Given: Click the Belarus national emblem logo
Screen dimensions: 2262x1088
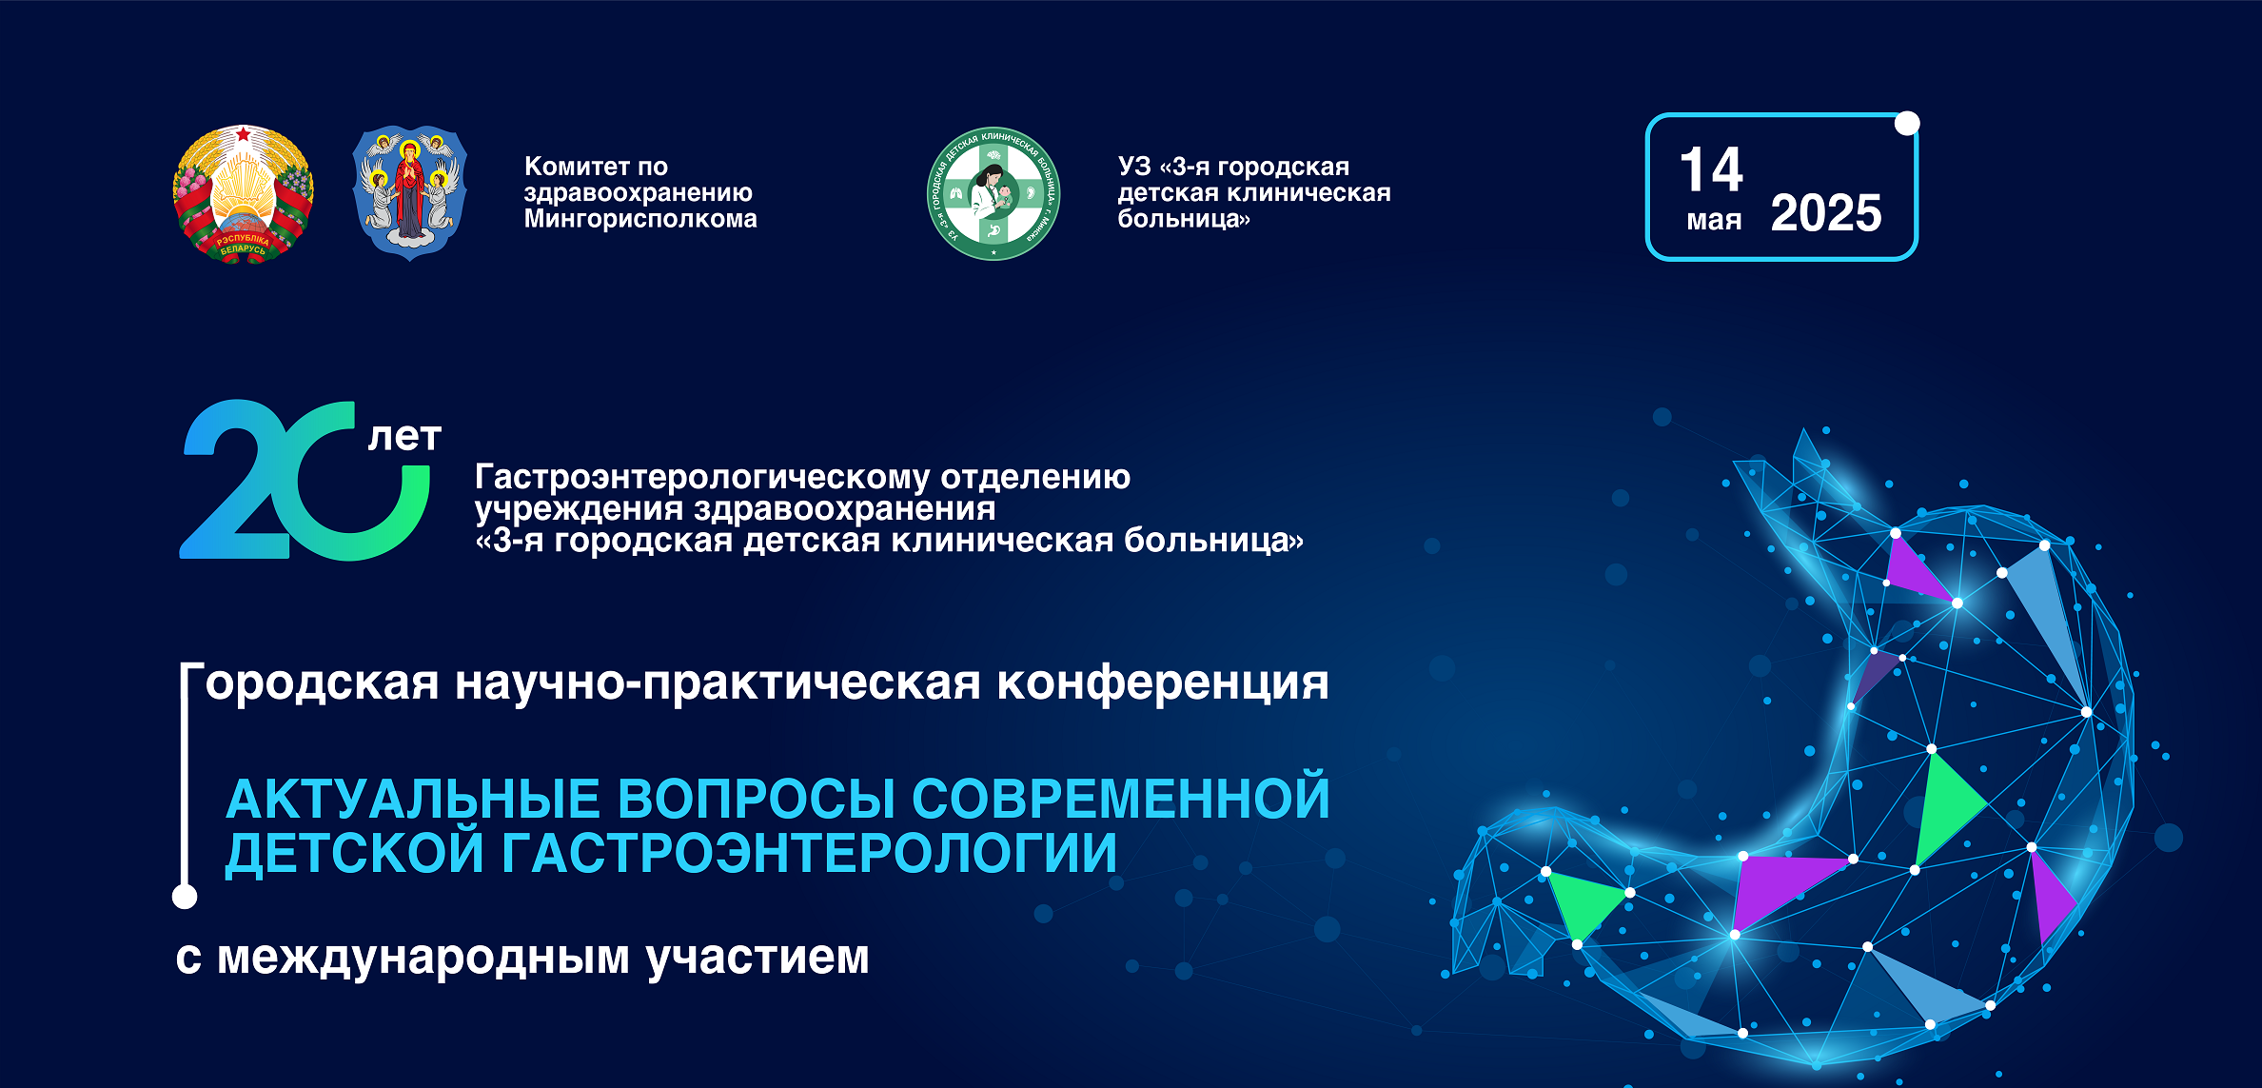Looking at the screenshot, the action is [x=243, y=193].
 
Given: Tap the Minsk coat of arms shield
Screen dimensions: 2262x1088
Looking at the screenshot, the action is [x=409, y=193].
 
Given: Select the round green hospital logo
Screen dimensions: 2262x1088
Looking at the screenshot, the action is [x=993, y=193].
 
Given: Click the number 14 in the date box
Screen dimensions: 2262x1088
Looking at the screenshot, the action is [x=1711, y=170].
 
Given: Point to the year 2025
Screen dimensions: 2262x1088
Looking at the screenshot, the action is [x=1826, y=213].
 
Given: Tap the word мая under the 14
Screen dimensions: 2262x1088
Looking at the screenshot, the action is [x=1714, y=221].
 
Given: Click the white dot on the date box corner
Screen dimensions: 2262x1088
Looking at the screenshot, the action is [x=1907, y=124].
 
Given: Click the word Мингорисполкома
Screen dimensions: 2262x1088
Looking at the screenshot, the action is [x=640, y=219].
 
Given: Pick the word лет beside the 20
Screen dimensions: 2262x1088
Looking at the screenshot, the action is [x=404, y=437].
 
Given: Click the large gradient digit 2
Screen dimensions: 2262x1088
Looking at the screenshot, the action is [x=234, y=480].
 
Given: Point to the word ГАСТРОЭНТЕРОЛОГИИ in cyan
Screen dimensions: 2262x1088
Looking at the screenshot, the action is [x=809, y=852].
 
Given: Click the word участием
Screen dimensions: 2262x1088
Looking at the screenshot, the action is [x=757, y=958].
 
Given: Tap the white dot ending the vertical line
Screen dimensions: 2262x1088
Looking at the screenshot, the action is [x=185, y=896].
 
